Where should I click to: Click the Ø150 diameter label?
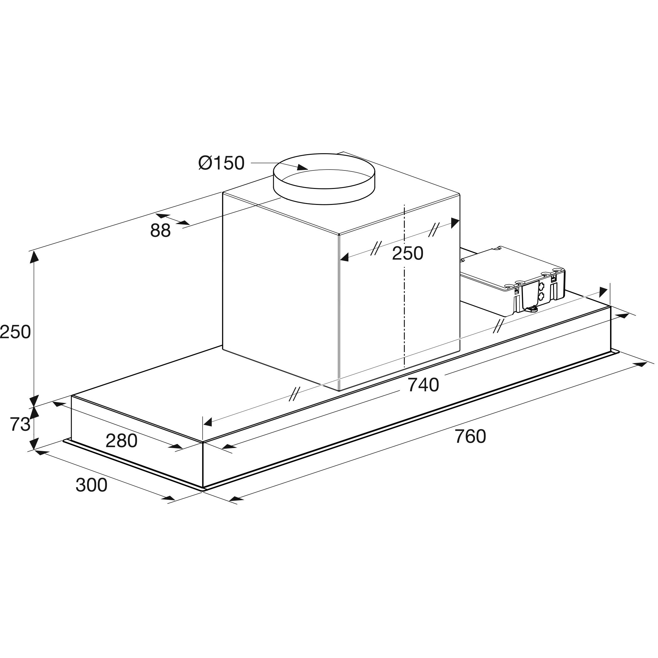pyautogui.click(x=222, y=163)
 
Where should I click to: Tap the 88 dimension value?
pyautogui.click(x=160, y=231)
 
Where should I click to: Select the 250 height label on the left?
pyautogui.click(x=15, y=332)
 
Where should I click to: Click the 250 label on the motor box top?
pyautogui.click(x=407, y=253)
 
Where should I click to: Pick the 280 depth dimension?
pyautogui.click(x=121, y=441)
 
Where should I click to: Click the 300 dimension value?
pyautogui.click(x=91, y=485)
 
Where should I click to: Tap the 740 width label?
pyautogui.click(x=423, y=385)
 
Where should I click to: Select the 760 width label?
pyautogui.click(x=470, y=436)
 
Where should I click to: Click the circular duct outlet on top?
pyautogui.click(x=324, y=179)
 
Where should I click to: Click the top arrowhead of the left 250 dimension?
pyautogui.click(x=34, y=257)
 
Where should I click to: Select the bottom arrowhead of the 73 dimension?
pyautogui.click(x=34, y=444)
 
